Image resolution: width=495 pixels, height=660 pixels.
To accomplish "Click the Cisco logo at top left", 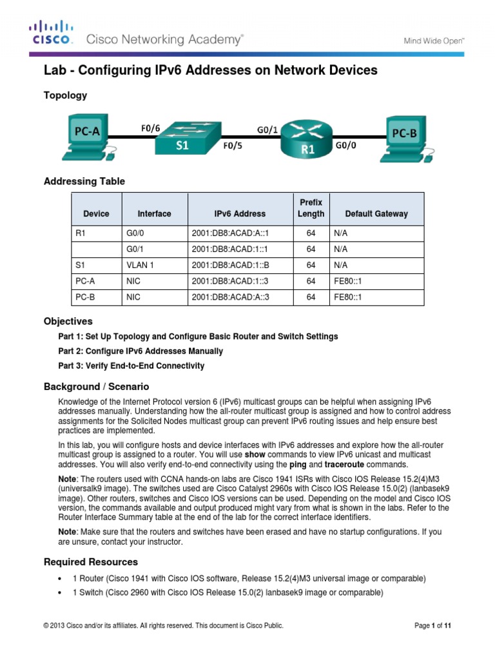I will [x=50, y=34].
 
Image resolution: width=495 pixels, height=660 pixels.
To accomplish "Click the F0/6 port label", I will [x=151, y=127].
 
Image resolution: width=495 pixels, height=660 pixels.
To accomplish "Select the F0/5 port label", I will [x=233, y=146].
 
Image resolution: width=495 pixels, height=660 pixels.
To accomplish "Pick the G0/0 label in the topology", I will [x=346, y=146].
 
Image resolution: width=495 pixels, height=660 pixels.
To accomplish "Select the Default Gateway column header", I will [x=376, y=214].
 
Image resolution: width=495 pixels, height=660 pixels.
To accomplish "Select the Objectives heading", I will [x=68, y=321].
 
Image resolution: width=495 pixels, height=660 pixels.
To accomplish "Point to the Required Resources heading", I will [x=90, y=562].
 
